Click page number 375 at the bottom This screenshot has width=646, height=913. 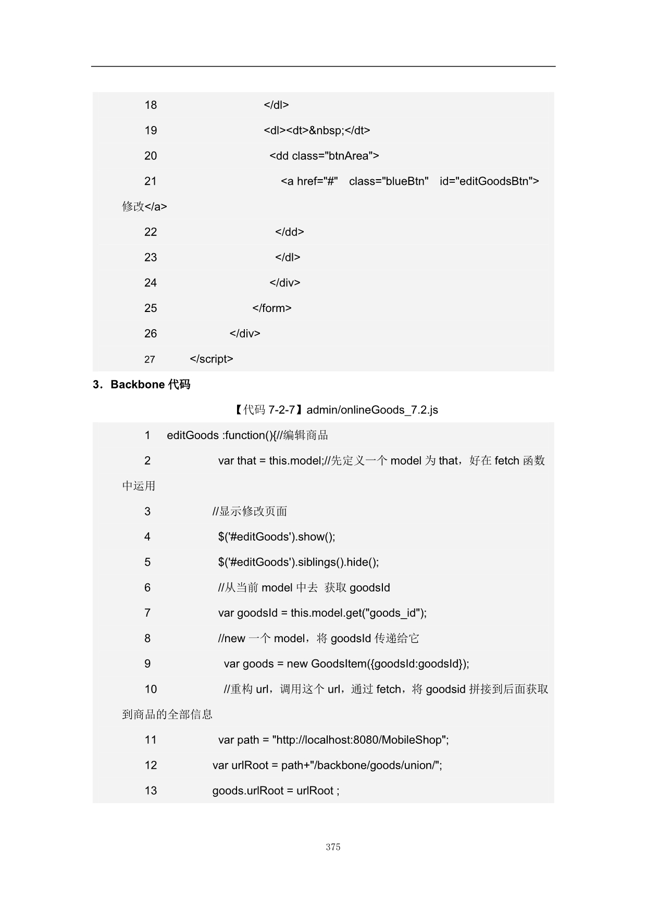(x=333, y=847)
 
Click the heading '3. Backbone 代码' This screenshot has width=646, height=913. (x=142, y=385)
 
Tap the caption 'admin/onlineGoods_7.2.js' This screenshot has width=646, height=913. (x=372, y=410)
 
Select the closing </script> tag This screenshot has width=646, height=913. (x=212, y=359)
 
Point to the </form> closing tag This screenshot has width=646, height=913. (x=271, y=308)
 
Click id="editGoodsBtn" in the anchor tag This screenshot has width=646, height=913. (x=489, y=181)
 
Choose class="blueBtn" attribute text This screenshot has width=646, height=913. (x=389, y=181)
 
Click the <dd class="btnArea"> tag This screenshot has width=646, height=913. (x=324, y=156)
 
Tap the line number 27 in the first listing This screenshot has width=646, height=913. (x=150, y=359)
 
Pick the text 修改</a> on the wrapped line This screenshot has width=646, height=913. (x=144, y=207)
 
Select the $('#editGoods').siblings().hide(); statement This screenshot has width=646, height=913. (x=299, y=562)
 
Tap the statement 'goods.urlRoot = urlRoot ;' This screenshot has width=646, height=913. (x=276, y=791)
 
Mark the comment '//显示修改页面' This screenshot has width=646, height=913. (x=250, y=511)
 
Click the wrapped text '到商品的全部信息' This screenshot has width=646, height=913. (x=167, y=715)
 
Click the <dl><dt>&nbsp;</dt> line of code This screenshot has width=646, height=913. (x=317, y=130)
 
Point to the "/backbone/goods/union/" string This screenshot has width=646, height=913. (x=375, y=766)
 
